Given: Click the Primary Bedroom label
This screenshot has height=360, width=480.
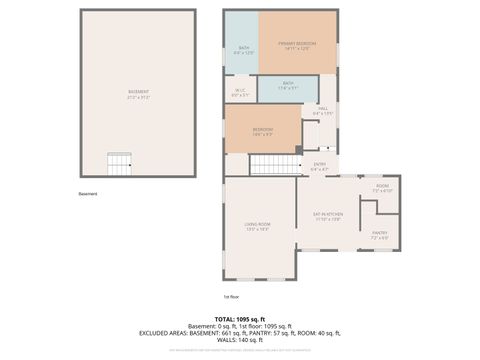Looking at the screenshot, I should click(297, 43).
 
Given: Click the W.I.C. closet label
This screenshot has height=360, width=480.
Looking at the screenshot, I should click(240, 93).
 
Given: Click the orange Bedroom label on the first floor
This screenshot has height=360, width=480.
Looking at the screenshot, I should click(263, 129).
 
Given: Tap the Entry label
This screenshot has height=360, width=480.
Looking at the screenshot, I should click(320, 164).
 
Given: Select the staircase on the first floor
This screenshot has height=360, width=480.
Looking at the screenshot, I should click(273, 164).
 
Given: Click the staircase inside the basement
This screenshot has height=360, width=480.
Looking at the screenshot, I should click(120, 162).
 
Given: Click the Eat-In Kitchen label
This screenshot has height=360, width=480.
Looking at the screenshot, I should click(328, 215).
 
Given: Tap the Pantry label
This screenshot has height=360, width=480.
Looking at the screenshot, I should click(380, 233).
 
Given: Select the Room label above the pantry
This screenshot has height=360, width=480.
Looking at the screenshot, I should click(382, 186).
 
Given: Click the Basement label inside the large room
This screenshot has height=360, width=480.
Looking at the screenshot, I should click(138, 92).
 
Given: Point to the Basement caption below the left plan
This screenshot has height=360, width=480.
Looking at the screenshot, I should click(89, 194).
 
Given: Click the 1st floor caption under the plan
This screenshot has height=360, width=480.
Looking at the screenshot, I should click(232, 296).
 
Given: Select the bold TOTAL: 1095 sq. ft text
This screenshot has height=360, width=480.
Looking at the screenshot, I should click(240, 318).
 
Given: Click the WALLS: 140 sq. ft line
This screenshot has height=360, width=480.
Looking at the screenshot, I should click(240, 341).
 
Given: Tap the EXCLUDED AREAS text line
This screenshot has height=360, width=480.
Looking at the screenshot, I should click(240, 333).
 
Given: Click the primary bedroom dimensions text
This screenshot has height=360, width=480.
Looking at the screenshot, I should click(297, 49).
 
